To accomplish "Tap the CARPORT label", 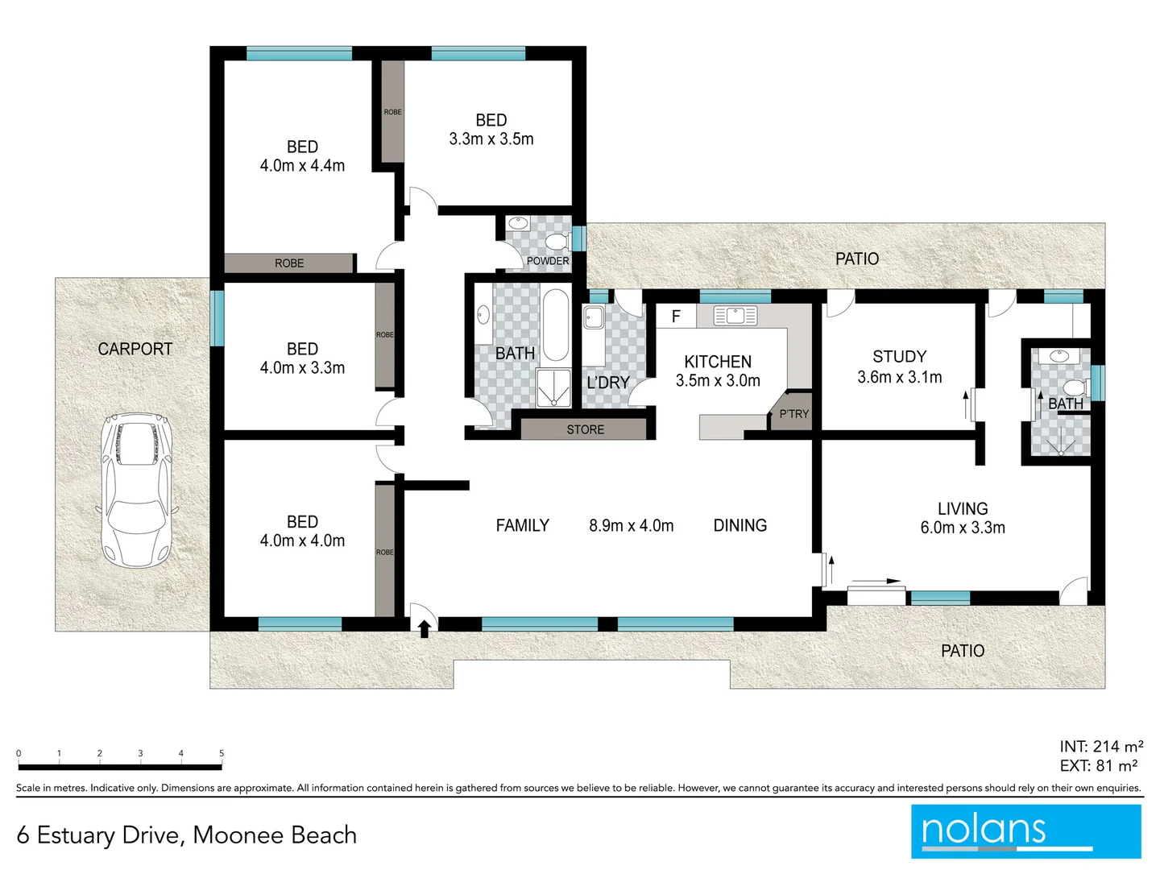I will pyautogui.click(x=135, y=349).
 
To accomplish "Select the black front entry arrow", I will pyautogui.click(x=424, y=628).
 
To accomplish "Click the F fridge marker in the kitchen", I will pyautogui.click(x=676, y=317).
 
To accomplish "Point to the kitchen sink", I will pyautogui.click(x=735, y=316).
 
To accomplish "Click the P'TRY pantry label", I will pyautogui.click(x=793, y=414).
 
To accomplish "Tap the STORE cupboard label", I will pyautogui.click(x=585, y=429).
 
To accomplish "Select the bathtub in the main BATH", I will pyautogui.click(x=555, y=325).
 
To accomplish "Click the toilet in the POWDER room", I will pyautogui.click(x=556, y=241).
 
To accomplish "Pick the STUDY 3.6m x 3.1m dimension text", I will pyautogui.click(x=899, y=377).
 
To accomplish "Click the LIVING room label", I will pyautogui.click(x=963, y=508).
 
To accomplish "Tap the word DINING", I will pyautogui.click(x=739, y=525).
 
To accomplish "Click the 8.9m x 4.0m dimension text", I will pyautogui.click(x=631, y=525).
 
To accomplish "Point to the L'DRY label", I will pyautogui.click(x=607, y=383).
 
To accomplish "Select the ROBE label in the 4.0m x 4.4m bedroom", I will pyautogui.click(x=289, y=263).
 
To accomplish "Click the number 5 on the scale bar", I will pyautogui.click(x=222, y=753).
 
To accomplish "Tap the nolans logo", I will pyautogui.click(x=1025, y=831).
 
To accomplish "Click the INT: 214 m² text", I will pyautogui.click(x=1100, y=747).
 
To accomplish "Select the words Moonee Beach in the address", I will pyautogui.click(x=275, y=835).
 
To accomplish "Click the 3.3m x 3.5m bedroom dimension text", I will pyautogui.click(x=491, y=139).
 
